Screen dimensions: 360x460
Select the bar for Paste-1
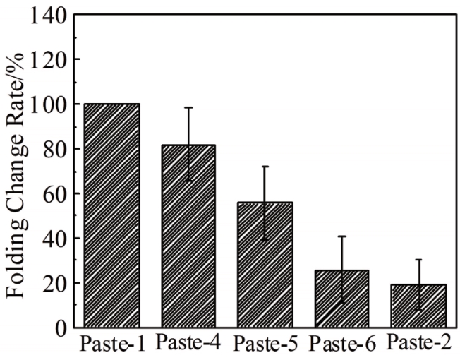[112, 215]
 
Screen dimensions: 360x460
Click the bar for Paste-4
[188, 236]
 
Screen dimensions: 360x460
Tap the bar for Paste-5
[265, 265]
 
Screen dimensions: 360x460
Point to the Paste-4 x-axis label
[189, 344]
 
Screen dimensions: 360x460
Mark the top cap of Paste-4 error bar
[188, 107]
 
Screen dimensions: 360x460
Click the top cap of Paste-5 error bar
[265, 167]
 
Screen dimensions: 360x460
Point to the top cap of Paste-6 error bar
[341, 236]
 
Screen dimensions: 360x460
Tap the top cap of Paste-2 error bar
[418, 260]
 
